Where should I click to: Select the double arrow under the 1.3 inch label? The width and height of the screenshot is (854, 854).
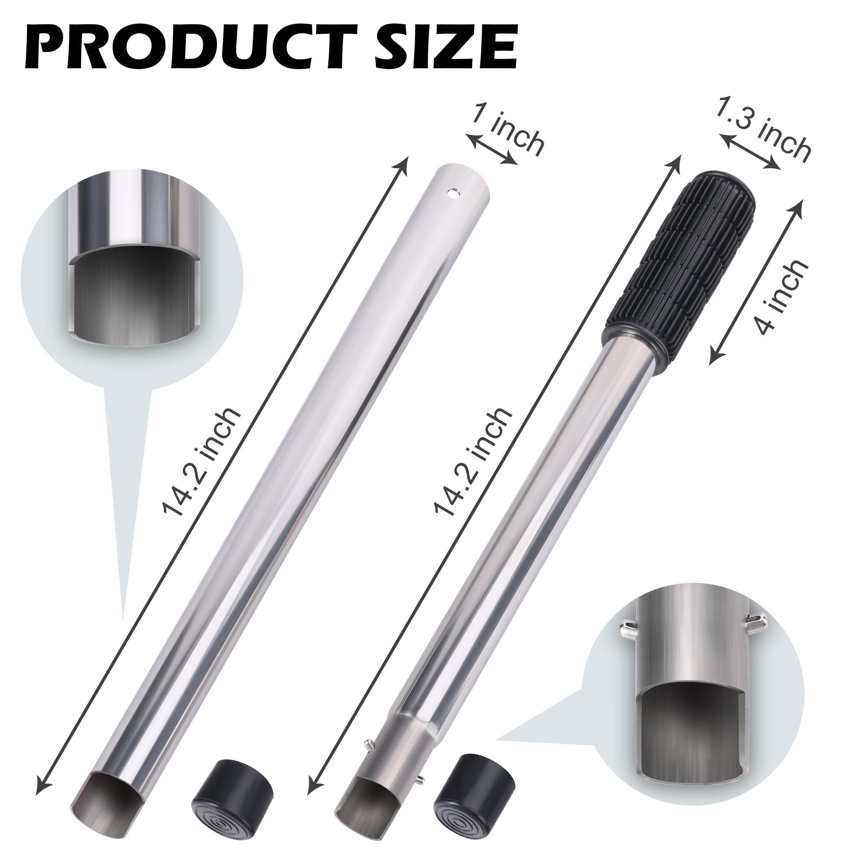[x=749, y=150]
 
